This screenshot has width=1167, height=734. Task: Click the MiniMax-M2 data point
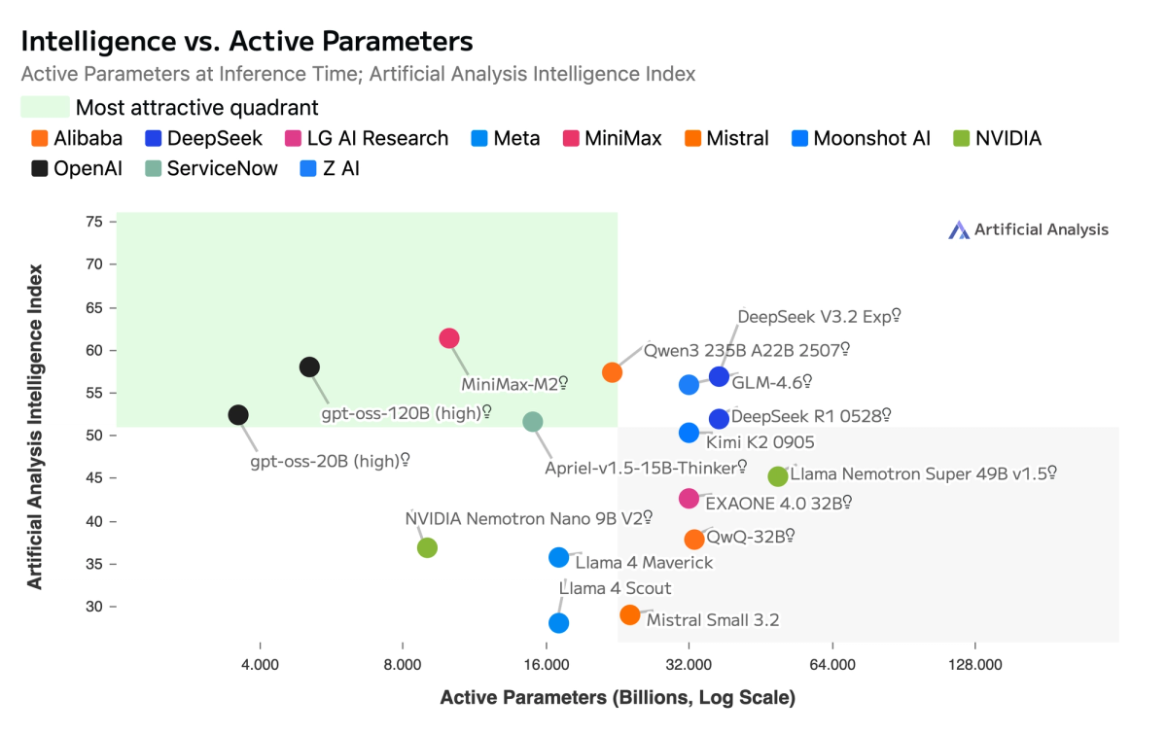tap(448, 338)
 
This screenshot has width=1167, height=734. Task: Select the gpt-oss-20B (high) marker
tap(238, 415)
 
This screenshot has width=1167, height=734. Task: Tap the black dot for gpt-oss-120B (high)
tap(309, 367)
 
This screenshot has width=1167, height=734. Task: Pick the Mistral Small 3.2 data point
tap(630, 614)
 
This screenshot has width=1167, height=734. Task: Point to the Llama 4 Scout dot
tap(558, 623)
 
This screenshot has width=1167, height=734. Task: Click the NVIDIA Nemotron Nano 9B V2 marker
tap(427, 547)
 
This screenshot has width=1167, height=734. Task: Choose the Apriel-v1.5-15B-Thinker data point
tap(532, 422)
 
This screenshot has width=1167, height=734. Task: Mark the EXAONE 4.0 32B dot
tap(689, 499)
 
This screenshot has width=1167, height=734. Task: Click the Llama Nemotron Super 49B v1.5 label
tap(923, 474)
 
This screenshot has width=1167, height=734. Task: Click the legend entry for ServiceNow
tap(211, 168)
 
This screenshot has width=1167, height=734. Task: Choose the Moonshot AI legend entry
tap(861, 138)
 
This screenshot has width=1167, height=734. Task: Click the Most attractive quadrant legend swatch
tap(45, 107)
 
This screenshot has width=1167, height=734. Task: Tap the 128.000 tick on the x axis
tap(974, 665)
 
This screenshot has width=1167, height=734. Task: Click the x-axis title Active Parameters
tap(618, 698)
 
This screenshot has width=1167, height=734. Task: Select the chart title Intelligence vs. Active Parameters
tap(247, 41)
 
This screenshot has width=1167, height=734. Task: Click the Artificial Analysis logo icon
tap(959, 229)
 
